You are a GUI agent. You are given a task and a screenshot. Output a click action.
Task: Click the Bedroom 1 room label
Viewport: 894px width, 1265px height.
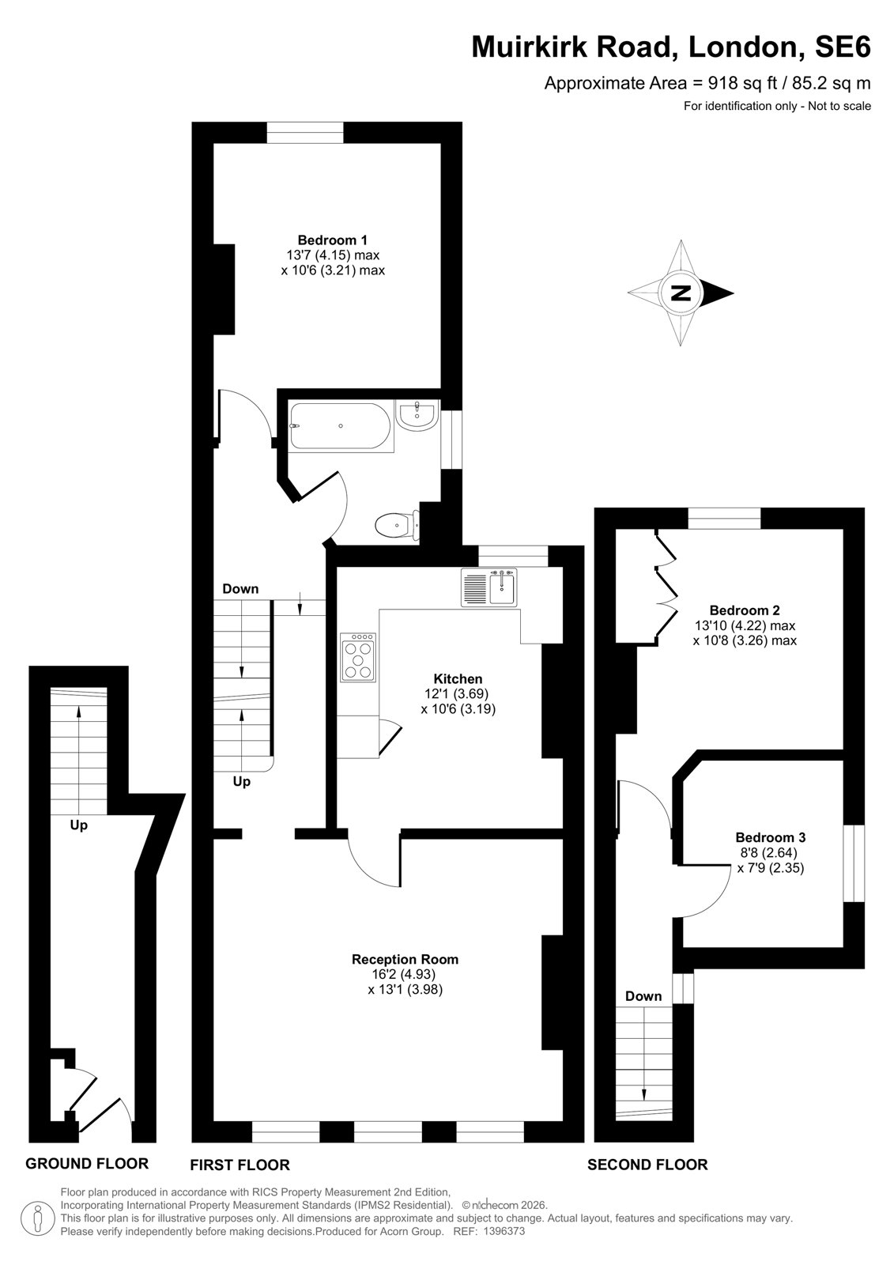[x=333, y=240]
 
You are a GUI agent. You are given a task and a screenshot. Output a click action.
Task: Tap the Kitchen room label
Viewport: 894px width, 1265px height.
[x=458, y=678]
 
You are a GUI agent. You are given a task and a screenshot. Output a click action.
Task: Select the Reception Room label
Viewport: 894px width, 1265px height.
[x=405, y=959]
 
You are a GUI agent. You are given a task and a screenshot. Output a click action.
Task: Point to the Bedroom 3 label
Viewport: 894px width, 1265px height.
[x=771, y=837]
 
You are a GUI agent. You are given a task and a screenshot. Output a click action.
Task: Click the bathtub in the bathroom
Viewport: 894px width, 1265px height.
[x=340, y=426]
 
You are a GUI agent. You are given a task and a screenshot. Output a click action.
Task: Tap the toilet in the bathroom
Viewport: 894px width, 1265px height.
[x=398, y=525]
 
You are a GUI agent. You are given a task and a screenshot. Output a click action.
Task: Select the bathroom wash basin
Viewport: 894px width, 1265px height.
[x=417, y=415]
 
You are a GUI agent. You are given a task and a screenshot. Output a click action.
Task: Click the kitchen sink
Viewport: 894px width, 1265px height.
[x=489, y=587]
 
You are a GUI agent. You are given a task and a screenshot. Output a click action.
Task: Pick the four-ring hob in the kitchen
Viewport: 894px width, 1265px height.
[x=358, y=657]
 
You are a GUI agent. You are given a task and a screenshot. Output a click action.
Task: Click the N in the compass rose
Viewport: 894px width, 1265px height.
[x=681, y=293]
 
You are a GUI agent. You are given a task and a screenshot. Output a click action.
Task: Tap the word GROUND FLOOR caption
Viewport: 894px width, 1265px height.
[x=87, y=1163]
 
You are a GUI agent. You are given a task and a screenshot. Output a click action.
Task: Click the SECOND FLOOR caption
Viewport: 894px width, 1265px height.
[x=647, y=1165]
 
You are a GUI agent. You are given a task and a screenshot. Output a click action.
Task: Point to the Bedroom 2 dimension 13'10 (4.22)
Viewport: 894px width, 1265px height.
[x=745, y=625]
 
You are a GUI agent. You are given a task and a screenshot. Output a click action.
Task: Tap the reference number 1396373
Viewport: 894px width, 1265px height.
[x=503, y=1230]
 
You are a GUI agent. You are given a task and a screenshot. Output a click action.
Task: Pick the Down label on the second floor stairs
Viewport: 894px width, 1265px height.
[x=643, y=995]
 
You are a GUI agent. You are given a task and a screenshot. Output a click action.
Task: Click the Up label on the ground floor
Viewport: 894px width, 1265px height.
[x=78, y=826]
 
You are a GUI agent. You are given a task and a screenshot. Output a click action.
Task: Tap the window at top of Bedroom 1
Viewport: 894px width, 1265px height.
[x=305, y=132]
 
